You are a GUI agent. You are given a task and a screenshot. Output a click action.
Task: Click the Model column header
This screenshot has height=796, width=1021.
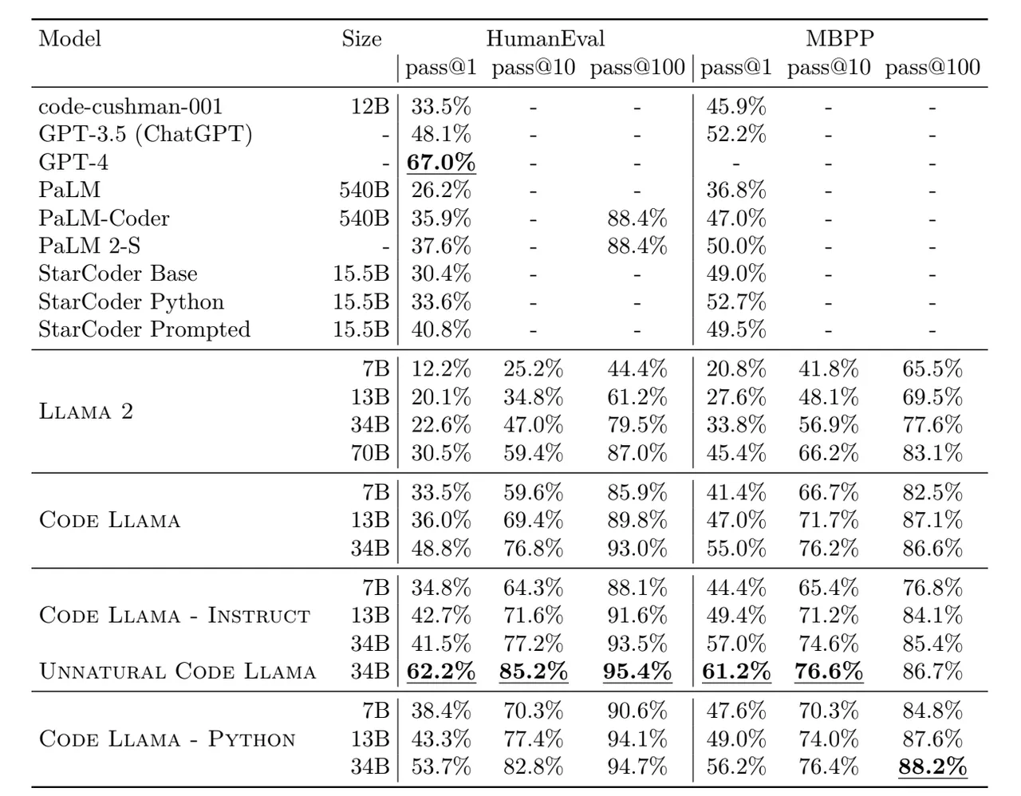(x=69, y=38)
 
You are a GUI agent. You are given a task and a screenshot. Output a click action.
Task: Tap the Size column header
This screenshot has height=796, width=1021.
(x=361, y=38)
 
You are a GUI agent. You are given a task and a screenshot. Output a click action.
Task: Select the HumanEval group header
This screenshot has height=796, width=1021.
(x=545, y=38)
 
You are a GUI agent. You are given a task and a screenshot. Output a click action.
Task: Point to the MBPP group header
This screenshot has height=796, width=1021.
(x=840, y=38)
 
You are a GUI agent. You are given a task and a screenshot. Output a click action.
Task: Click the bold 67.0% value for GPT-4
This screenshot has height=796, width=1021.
(x=441, y=162)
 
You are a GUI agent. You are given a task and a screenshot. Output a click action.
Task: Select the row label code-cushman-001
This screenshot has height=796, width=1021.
(x=130, y=107)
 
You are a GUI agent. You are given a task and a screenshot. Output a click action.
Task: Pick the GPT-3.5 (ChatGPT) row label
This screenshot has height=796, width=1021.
(x=145, y=134)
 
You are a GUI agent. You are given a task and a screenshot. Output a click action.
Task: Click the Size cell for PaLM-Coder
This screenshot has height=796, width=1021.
(x=365, y=218)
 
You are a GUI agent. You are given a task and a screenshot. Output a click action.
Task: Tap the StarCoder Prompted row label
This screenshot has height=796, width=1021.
(x=144, y=329)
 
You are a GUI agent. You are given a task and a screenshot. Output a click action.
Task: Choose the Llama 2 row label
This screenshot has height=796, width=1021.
(x=86, y=412)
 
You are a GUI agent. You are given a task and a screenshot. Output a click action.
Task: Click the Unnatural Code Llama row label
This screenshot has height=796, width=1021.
(x=177, y=672)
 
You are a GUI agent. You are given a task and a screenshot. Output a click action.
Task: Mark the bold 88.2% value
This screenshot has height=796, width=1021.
(x=932, y=766)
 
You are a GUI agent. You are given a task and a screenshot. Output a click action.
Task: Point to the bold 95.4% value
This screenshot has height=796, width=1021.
(x=637, y=672)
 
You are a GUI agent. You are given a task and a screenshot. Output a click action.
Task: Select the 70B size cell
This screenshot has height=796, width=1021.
(x=370, y=453)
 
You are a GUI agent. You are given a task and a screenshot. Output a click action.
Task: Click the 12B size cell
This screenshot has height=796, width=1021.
(x=370, y=107)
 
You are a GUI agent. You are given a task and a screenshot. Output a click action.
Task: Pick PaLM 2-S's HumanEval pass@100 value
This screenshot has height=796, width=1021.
(x=637, y=246)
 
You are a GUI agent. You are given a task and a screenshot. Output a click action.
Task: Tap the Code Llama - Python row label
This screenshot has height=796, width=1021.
(x=167, y=739)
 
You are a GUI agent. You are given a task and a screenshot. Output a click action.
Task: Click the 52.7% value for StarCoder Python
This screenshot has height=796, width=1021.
(x=735, y=301)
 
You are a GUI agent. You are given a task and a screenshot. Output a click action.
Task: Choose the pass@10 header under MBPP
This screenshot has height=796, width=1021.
(x=829, y=68)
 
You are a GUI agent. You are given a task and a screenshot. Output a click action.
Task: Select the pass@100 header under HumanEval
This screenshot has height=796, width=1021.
(x=637, y=68)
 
